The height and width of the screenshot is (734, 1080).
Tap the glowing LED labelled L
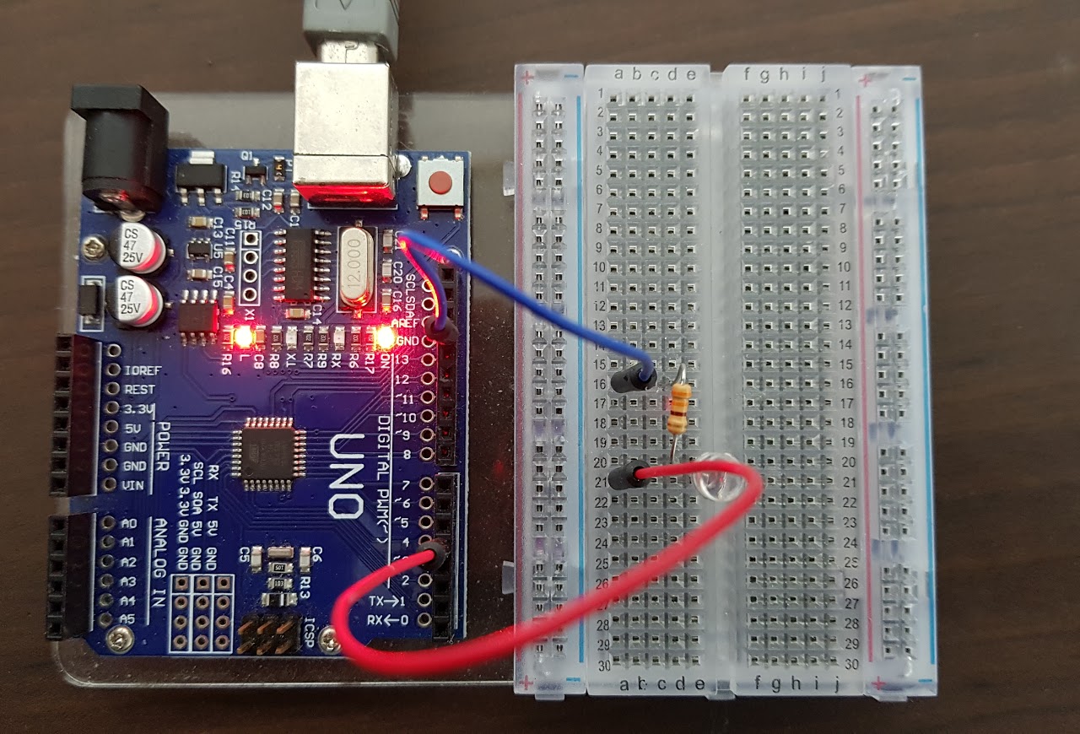[243, 337]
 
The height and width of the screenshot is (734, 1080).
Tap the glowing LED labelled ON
[385, 337]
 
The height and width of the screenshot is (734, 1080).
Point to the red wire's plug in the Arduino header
[435, 554]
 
